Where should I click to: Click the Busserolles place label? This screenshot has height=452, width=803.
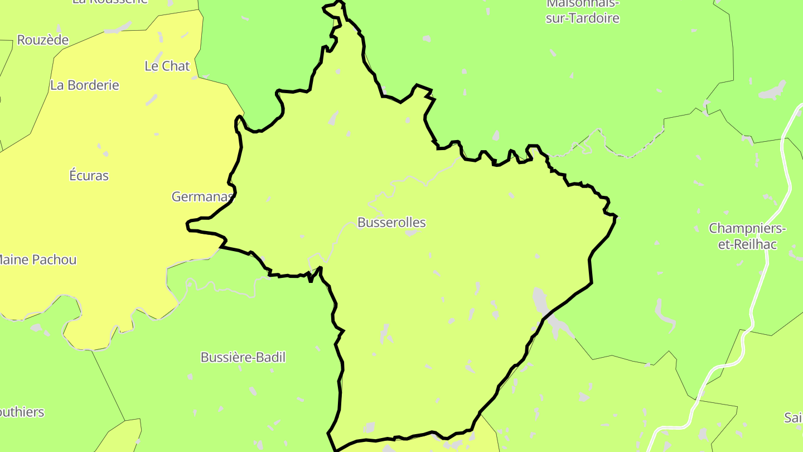(x=391, y=223)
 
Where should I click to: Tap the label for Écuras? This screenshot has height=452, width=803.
(x=89, y=176)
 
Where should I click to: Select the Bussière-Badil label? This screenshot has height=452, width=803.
(x=243, y=357)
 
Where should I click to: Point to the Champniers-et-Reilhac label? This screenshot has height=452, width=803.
(x=747, y=236)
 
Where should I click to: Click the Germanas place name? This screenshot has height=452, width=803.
(x=202, y=196)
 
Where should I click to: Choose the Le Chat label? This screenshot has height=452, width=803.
(x=167, y=66)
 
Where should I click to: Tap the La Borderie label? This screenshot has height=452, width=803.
(x=85, y=85)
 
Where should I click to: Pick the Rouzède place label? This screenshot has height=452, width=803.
(x=43, y=40)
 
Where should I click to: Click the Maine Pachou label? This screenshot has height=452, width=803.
(x=37, y=259)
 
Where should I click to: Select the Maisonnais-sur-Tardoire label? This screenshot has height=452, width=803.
(x=582, y=11)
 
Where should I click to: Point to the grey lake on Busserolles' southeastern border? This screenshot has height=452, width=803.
(x=540, y=301)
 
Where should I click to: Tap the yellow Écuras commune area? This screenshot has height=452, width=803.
(x=112, y=223)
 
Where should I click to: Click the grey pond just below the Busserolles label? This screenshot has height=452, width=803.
(x=411, y=233)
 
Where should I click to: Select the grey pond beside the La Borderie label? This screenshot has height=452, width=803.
(x=151, y=100)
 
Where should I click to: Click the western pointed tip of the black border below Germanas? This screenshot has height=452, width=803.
(x=187, y=225)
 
